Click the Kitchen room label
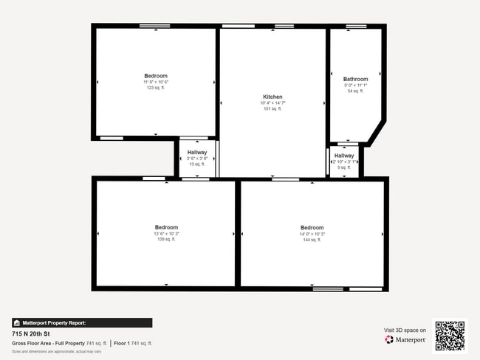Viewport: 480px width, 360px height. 272,97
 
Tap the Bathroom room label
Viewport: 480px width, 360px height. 355,79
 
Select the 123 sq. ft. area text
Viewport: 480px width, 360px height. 156,88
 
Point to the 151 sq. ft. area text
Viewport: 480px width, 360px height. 272,109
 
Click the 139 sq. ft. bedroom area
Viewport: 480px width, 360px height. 166,240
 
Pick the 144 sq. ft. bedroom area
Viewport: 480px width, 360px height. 312,240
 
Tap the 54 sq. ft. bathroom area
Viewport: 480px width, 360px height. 355,91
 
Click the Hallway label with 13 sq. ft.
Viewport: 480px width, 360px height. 197,152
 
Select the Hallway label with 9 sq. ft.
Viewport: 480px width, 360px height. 344,156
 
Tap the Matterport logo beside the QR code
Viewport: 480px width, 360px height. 405,340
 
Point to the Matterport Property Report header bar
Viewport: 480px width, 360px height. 82,322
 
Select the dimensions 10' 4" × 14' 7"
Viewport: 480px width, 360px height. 272,103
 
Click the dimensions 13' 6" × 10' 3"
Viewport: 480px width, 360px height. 166,234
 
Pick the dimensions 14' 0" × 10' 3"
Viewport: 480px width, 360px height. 312,234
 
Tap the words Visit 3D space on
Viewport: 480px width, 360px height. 405,330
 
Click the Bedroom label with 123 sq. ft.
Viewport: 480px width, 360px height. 156,76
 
